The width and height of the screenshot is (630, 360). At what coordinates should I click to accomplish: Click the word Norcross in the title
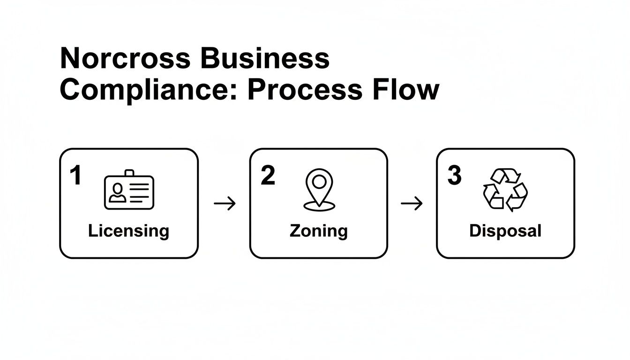click(125, 59)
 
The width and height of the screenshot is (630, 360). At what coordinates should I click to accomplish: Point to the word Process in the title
click(305, 90)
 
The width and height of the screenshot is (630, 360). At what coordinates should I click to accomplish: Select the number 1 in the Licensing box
click(75, 176)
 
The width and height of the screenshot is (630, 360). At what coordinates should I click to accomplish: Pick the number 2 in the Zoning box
click(268, 176)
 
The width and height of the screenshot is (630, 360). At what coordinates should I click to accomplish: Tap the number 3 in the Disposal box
click(454, 176)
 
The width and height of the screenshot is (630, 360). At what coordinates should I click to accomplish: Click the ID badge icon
click(129, 191)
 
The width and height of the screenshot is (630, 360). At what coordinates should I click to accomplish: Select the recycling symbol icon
click(505, 189)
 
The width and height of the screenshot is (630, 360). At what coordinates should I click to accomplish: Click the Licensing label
click(128, 231)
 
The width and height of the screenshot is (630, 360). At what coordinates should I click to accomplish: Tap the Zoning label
click(319, 231)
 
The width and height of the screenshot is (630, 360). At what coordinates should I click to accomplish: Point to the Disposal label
click(505, 231)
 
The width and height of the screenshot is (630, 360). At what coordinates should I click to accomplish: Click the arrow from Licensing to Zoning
click(225, 204)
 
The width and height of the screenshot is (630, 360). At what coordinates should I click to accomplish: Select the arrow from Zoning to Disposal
click(412, 204)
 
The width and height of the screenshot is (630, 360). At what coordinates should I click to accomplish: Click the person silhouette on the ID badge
click(117, 193)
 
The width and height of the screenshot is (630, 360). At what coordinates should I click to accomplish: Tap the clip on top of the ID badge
click(129, 173)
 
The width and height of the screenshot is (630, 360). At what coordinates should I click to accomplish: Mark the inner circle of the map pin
click(319, 181)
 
